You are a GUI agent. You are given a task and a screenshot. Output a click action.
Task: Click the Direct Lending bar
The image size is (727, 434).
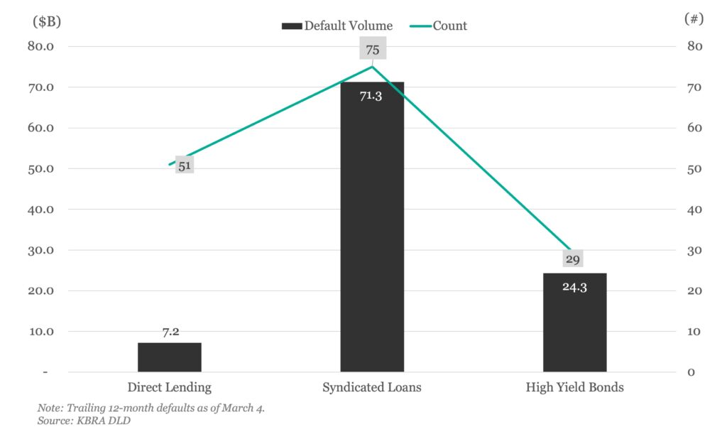[170, 357]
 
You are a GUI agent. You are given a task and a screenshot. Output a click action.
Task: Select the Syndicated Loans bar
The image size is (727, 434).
[372, 234]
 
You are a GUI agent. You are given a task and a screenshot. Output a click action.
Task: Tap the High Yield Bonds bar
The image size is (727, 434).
[574, 327]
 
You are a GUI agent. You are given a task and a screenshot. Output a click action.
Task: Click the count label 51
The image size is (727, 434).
[185, 166]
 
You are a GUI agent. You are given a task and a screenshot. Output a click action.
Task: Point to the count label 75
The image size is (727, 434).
[372, 50]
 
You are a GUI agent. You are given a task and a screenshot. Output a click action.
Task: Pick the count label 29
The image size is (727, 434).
[572, 259]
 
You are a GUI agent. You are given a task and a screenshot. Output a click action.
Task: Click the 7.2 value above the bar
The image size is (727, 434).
[170, 332]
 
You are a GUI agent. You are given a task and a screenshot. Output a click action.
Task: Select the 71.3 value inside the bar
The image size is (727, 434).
[371, 95]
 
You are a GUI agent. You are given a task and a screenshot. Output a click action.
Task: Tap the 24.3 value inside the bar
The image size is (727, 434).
[574, 287]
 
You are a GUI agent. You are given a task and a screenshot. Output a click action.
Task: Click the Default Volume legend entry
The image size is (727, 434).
[337, 26]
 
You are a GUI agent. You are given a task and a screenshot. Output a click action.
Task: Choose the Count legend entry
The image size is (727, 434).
[439, 26]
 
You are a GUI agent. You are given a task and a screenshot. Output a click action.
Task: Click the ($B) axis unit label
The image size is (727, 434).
[48, 21]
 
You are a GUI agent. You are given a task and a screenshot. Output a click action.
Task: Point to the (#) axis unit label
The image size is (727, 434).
[694, 19]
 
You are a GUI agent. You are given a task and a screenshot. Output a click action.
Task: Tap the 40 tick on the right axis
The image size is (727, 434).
[694, 210]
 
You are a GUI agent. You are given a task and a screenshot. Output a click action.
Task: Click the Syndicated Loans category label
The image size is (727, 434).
[372, 388]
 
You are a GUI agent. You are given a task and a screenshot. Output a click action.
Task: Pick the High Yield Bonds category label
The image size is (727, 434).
[574, 388]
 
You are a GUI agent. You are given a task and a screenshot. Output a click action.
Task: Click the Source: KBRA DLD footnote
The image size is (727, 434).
[74, 420]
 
